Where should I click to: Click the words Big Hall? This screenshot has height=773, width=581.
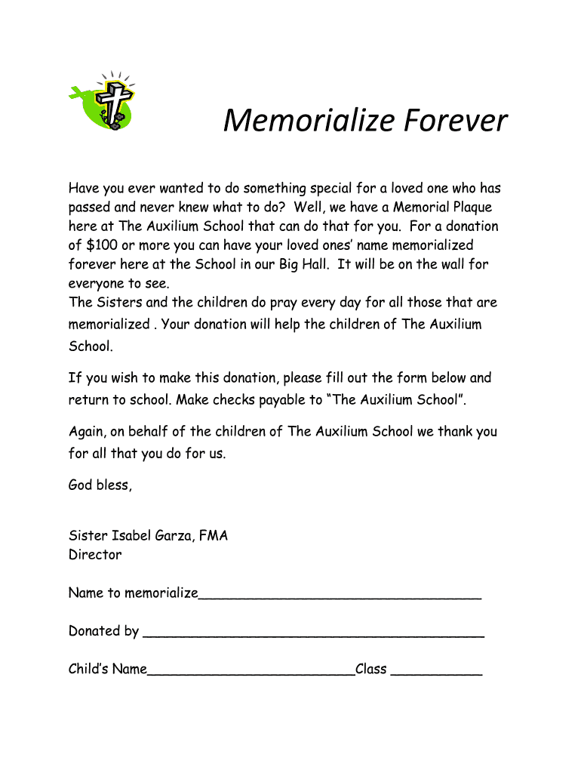[302, 264]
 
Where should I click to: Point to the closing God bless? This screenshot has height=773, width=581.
[100, 485]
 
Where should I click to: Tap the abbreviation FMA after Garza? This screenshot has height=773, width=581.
[214, 536]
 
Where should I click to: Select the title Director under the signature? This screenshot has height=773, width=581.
[95, 555]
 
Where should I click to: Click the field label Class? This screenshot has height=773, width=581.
[371, 669]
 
